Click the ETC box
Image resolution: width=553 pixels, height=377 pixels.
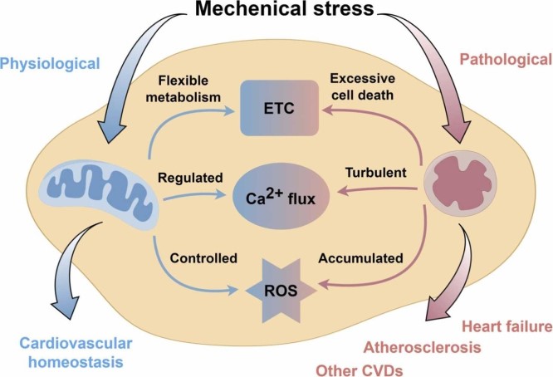click(279, 108)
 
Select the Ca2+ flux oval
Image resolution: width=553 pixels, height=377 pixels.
click(281, 198)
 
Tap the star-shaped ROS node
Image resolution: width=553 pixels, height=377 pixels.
click(281, 291)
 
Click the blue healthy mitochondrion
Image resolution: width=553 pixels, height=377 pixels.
click(100, 195)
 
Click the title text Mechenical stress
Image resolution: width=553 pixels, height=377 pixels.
click(284, 9)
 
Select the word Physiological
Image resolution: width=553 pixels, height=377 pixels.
click(50, 64)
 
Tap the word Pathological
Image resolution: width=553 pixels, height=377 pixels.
click(507, 59)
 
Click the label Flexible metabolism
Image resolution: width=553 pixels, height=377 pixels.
click(184, 89)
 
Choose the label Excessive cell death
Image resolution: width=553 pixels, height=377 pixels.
click(363, 86)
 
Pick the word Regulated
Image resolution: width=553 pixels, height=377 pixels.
click(190, 178)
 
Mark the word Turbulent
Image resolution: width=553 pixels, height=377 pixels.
click(376, 173)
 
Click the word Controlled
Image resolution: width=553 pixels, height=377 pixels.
click(203, 258)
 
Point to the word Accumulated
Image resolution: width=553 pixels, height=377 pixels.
click(361, 258)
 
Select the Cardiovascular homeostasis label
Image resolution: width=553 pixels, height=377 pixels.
click(76, 352)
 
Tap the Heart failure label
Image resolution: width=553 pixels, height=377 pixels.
click(507, 326)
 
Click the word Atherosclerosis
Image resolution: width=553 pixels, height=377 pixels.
click(422, 347)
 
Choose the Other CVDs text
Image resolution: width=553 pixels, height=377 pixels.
click(360, 370)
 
